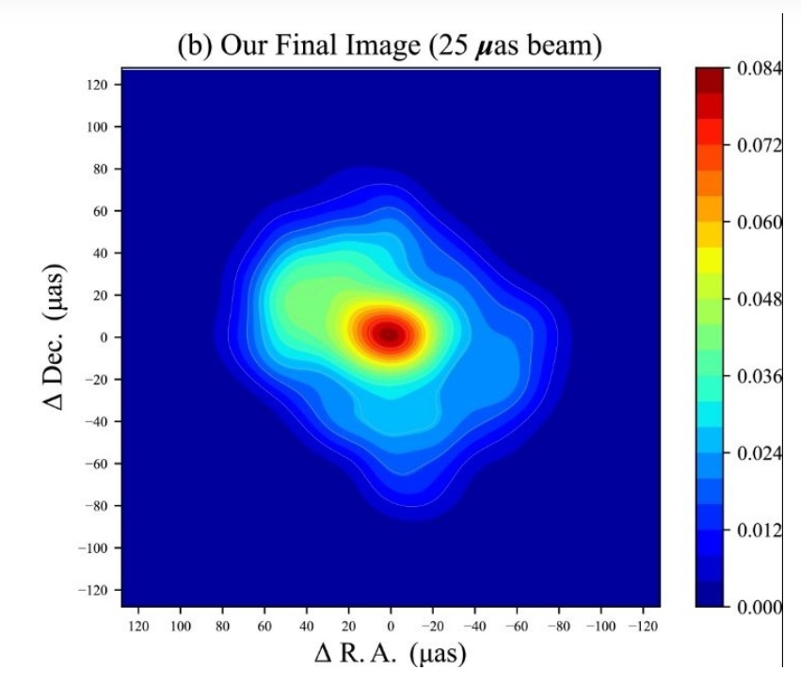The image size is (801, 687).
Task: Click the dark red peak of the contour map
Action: [x=390, y=333]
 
